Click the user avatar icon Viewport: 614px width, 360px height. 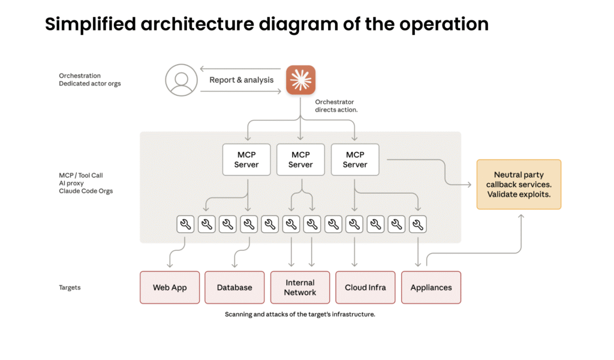tap(181, 80)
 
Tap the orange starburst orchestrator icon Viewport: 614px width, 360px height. tap(300, 80)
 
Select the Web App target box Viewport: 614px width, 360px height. tap(170, 287)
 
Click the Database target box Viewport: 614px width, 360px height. tap(234, 287)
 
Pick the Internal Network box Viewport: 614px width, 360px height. tap(300, 287)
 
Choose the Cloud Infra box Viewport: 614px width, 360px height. tap(365, 287)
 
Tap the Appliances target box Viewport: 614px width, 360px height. tap(431, 287)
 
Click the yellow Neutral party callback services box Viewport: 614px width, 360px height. tap(519, 184)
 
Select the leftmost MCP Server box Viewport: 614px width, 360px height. tap(246, 160)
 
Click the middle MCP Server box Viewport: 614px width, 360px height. tap(300, 160)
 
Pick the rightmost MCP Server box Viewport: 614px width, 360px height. tap(355, 160)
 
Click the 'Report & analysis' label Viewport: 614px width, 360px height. tap(241, 80)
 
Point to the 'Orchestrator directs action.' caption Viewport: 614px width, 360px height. tap(336, 106)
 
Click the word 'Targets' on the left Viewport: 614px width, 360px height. tap(70, 287)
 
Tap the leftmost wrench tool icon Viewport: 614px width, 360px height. tap(186, 224)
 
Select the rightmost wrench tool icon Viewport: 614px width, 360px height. tap(418, 224)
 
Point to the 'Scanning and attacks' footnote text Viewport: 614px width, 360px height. tap(300, 314)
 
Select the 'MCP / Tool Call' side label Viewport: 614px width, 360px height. tap(80, 175)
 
